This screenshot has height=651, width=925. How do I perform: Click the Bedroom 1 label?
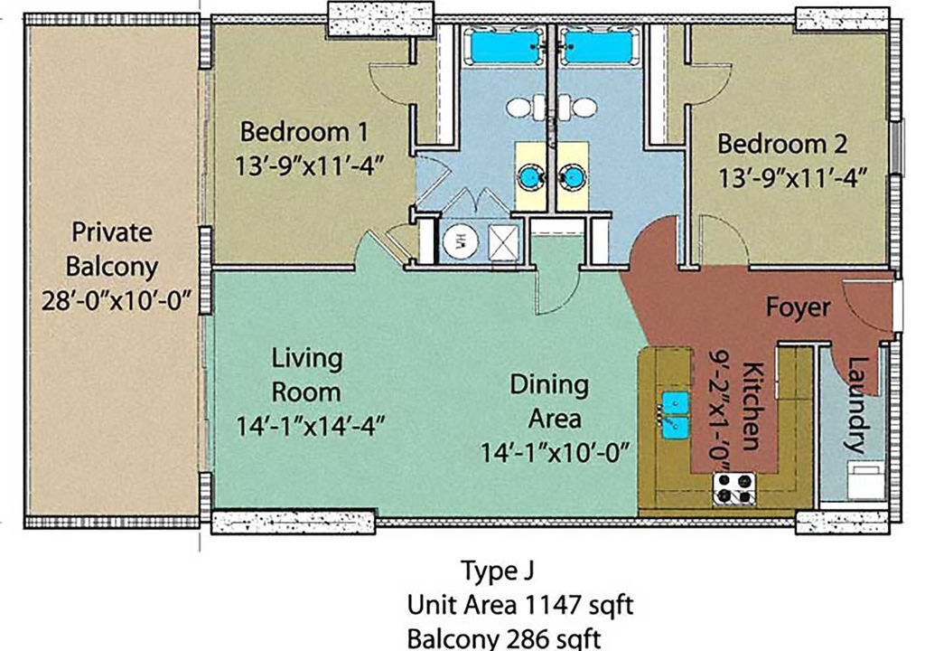point(304,131)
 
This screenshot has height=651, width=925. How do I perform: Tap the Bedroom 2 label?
point(782,144)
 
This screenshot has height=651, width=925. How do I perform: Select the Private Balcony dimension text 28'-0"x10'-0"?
point(117,302)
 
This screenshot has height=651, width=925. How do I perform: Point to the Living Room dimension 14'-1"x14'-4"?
point(311,425)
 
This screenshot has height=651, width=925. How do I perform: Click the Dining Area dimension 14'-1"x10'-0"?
point(556,453)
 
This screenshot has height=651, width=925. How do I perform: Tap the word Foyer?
point(799,307)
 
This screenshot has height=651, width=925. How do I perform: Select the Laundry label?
point(858,404)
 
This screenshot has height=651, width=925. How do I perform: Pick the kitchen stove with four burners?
point(734,488)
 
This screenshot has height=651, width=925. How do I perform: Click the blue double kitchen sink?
point(675,415)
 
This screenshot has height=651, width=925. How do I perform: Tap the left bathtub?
point(504,46)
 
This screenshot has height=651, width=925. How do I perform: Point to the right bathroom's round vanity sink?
point(571,176)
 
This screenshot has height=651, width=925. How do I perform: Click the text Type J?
point(498,571)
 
